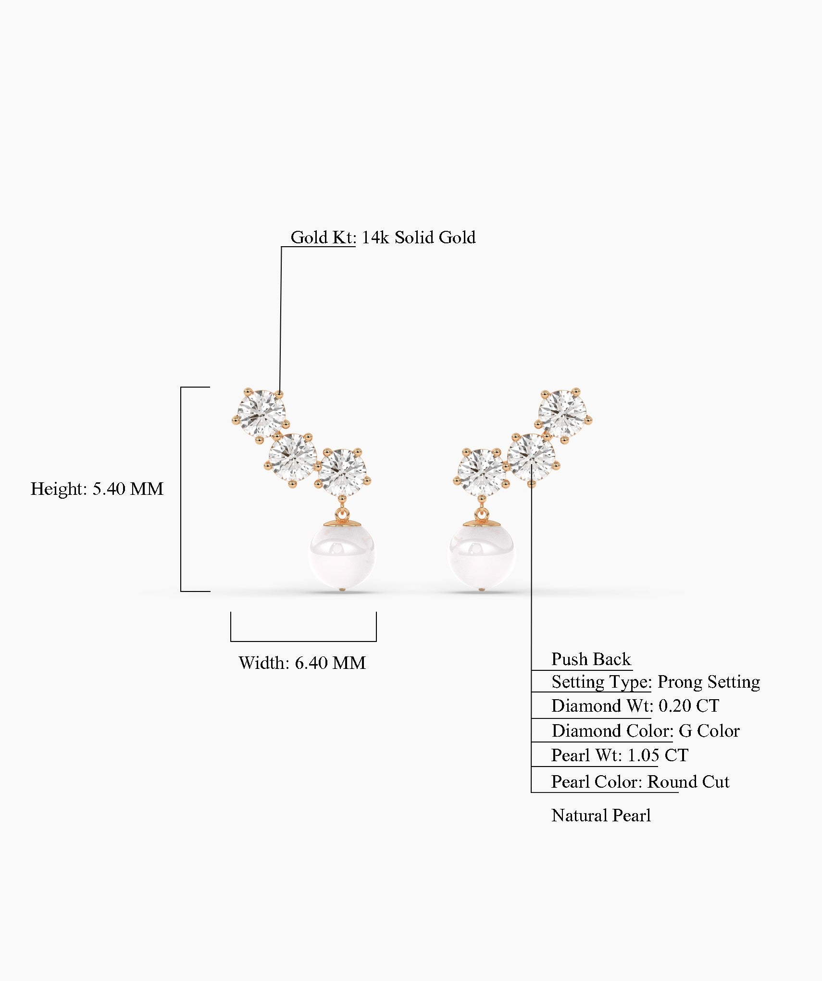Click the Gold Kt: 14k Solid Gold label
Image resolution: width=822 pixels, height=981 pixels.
[383, 238]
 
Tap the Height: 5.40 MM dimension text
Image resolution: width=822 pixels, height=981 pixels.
[97, 489]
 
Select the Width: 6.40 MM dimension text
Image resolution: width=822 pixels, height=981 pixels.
[302, 663]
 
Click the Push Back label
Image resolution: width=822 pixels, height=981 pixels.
[590, 659]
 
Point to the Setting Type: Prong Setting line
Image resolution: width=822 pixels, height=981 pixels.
[655, 682]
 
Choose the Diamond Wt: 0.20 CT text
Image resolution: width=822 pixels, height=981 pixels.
[635, 706]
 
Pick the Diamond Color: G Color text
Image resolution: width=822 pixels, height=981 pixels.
[645, 731]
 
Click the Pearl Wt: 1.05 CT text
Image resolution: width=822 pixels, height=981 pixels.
[619, 755]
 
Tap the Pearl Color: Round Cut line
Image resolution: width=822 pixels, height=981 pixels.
[639, 782]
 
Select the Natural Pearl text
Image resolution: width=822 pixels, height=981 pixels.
[601, 816]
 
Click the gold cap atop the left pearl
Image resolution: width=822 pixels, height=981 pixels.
[342, 523]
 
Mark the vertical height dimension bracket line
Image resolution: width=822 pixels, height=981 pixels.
[181, 489]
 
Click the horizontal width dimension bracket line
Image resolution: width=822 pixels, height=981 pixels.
[303, 641]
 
